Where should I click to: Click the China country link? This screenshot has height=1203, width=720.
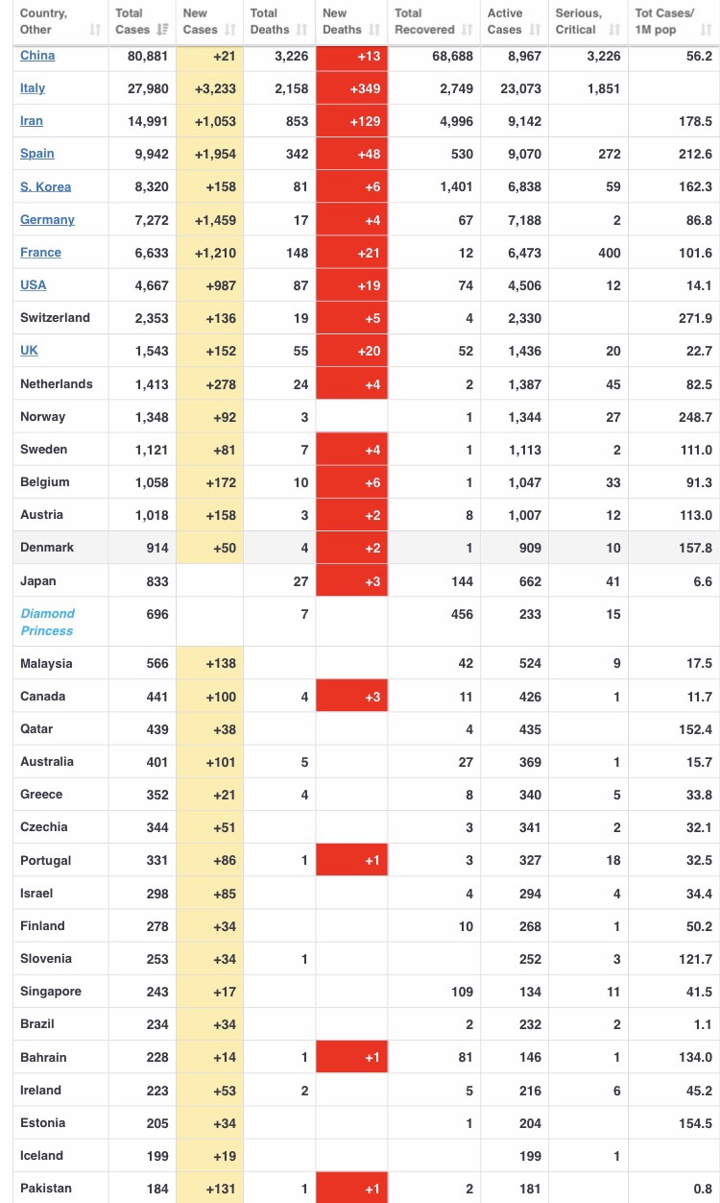[x=37, y=56]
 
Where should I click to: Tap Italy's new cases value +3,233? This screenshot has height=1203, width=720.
[x=215, y=88]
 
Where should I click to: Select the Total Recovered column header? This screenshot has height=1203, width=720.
[x=424, y=21]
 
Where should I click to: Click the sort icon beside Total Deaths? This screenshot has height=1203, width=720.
[x=301, y=30]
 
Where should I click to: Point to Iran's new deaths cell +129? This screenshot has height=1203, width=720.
[x=352, y=121]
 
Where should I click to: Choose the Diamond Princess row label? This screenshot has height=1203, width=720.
[x=47, y=622]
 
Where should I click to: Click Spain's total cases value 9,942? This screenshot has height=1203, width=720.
[x=152, y=154]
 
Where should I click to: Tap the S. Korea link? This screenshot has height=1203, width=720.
[x=46, y=187]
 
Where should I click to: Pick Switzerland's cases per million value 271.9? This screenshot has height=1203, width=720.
[x=695, y=318]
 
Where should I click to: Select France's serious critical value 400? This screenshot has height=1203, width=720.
[x=610, y=253]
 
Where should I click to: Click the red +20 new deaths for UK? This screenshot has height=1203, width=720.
[x=352, y=352]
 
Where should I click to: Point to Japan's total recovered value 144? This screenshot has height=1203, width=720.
[x=462, y=581]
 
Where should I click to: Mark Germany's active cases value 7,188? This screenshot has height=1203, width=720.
[x=525, y=220]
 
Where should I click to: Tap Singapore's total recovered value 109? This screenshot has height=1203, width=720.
[x=462, y=992]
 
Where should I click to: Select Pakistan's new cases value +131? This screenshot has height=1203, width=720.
[x=221, y=1189]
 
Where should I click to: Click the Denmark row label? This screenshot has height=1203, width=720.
[x=47, y=548]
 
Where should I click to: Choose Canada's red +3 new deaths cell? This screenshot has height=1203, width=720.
[x=352, y=697]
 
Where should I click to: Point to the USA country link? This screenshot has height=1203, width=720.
[x=34, y=285]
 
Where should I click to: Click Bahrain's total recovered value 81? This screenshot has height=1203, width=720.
[x=466, y=1058]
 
